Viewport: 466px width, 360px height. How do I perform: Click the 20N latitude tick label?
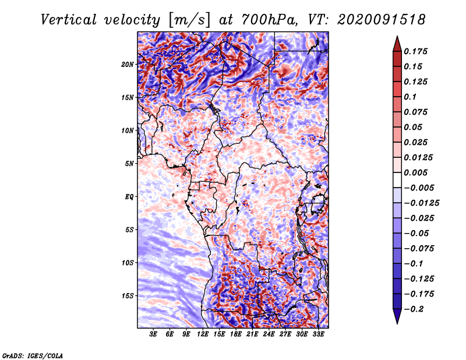(128, 65)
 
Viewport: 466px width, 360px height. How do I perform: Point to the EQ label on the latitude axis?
(129, 197)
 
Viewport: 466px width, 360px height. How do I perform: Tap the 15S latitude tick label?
(128, 296)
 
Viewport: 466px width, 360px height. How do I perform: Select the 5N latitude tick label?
(129, 164)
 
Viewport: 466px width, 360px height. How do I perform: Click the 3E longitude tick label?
(153, 334)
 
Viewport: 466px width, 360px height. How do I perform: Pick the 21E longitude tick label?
(252, 334)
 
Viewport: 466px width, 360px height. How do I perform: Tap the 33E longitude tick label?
(318, 334)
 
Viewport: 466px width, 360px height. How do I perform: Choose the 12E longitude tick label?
(203, 334)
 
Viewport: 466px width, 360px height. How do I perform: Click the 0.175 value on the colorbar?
(415, 52)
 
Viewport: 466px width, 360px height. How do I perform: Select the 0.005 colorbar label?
(415, 172)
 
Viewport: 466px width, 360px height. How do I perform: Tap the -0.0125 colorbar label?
(421, 203)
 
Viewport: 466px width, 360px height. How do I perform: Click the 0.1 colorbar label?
(410, 97)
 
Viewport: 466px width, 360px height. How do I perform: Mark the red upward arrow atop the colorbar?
(397, 44)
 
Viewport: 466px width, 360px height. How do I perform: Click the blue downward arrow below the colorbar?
(397, 316)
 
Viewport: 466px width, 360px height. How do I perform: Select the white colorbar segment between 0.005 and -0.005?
(397, 180)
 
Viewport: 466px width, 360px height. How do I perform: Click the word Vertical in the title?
(69, 20)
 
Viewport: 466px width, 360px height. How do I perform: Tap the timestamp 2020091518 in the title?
(382, 20)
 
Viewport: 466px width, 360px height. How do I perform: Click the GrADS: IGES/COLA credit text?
(33, 356)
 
